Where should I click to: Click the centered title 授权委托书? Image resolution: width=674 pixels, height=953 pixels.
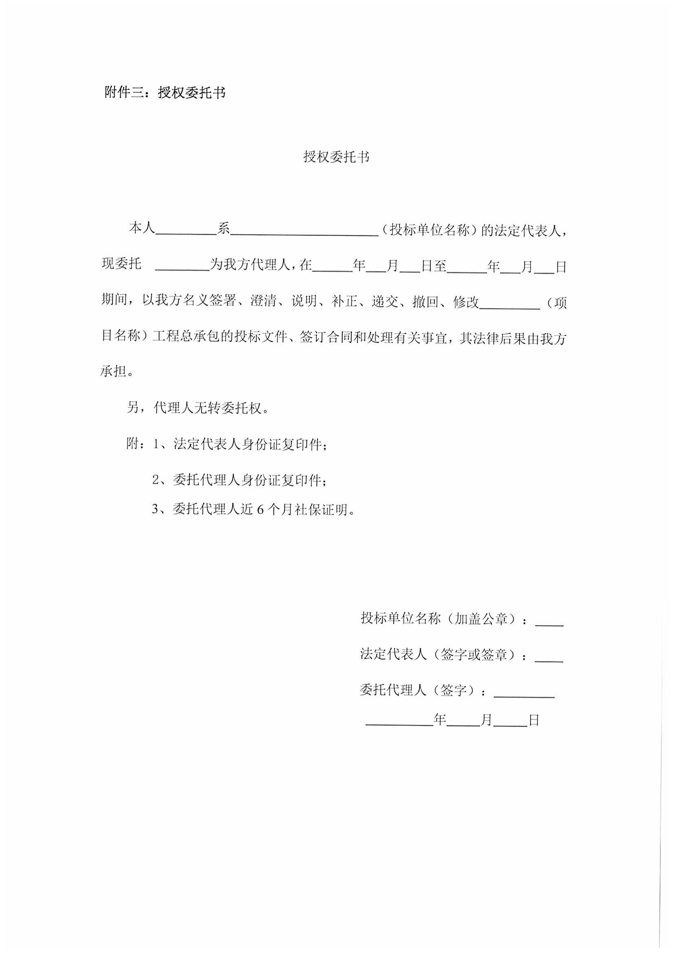(x=336, y=157)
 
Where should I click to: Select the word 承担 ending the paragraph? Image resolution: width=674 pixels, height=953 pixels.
(x=113, y=372)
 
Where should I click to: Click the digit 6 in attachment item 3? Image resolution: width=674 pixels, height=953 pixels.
(x=260, y=510)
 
